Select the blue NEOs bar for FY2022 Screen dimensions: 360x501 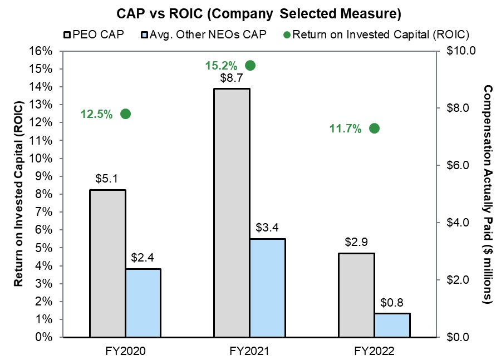pos(392,325)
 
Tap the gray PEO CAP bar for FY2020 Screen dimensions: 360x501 pos(107,263)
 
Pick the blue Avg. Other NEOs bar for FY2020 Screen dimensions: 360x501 pos(143,303)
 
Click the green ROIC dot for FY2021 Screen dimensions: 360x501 pos(250,66)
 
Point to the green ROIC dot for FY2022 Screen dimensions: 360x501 pos(375,129)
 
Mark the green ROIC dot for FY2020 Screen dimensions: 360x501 pos(125,114)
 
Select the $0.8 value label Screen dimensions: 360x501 pos(392,304)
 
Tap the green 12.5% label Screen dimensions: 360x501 pos(96,114)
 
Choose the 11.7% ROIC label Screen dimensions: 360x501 pos(345,129)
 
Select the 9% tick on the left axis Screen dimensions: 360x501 pos(45,176)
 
